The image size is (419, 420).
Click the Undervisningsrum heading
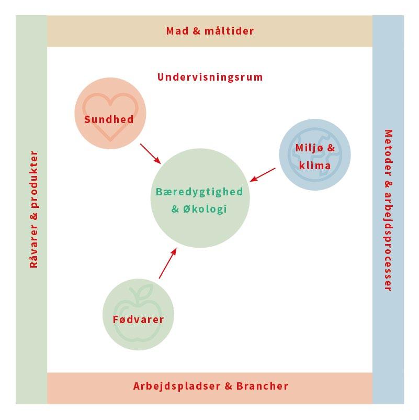click(210, 78)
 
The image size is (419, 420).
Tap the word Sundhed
click(109, 119)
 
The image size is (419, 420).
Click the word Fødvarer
click(138, 319)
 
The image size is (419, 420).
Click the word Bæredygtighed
click(199, 192)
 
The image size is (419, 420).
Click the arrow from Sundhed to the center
click(151, 153)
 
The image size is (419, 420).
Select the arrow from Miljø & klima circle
click(263, 175)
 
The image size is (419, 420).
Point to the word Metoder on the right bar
click(388, 152)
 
